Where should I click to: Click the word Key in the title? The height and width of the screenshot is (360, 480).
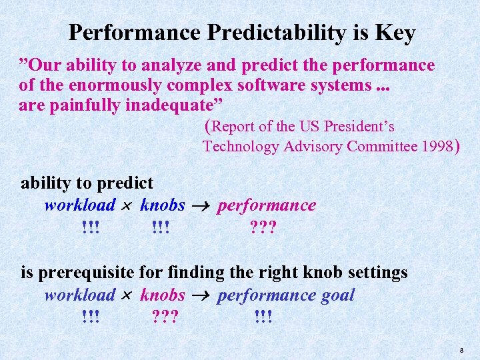396,33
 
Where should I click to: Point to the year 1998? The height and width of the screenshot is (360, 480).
437,147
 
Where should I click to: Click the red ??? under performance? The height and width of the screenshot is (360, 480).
263,228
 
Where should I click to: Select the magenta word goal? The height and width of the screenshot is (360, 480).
338,295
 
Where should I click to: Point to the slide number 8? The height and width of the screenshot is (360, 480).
461,349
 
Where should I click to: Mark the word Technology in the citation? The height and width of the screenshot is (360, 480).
239,147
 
